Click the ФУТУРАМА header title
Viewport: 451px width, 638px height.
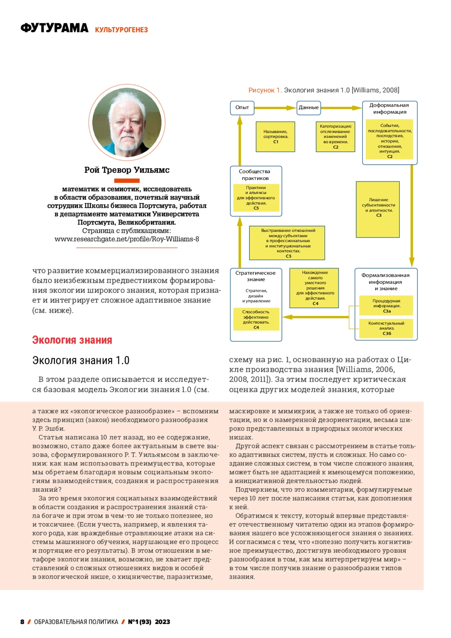point(54,28)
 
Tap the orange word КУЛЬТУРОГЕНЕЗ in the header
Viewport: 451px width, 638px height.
point(121,30)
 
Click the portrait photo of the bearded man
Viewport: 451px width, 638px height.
point(127,123)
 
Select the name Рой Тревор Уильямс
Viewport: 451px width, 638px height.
point(127,170)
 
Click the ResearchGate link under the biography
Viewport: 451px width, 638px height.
point(127,239)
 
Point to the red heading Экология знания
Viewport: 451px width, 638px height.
point(72,340)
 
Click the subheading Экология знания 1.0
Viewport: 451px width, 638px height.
point(81,360)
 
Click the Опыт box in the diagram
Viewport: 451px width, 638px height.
point(242,108)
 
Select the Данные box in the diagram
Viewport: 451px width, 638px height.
point(309,108)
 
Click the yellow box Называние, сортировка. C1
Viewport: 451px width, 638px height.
point(275,136)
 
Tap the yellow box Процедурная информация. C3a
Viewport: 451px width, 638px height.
point(386,306)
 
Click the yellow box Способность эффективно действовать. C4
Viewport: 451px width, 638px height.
point(256,319)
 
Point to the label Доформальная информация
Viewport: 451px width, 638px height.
point(389,109)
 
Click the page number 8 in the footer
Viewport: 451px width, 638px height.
point(22,622)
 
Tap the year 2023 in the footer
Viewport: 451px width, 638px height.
point(162,622)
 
